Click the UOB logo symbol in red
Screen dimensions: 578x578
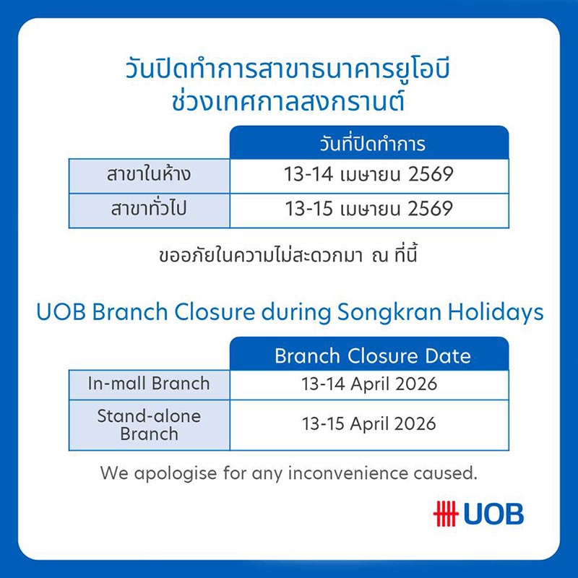(x=446, y=513)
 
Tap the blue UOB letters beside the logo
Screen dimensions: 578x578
(x=493, y=514)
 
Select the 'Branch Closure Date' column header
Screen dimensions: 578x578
(x=372, y=356)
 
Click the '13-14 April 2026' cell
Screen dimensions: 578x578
(x=369, y=384)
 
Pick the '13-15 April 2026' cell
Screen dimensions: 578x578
(x=369, y=423)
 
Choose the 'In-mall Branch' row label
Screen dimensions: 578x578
(x=149, y=384)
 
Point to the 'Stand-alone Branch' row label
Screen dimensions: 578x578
(x=149, y=425)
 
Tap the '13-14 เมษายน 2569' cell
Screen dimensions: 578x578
(x=369, y=175)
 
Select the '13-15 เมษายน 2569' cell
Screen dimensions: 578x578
(x=369, y=210)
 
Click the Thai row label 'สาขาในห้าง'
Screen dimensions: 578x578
(x=150, y=175)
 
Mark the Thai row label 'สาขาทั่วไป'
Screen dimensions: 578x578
(x=150, y=210)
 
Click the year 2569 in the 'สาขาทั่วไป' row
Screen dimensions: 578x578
(x=431, y=210)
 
